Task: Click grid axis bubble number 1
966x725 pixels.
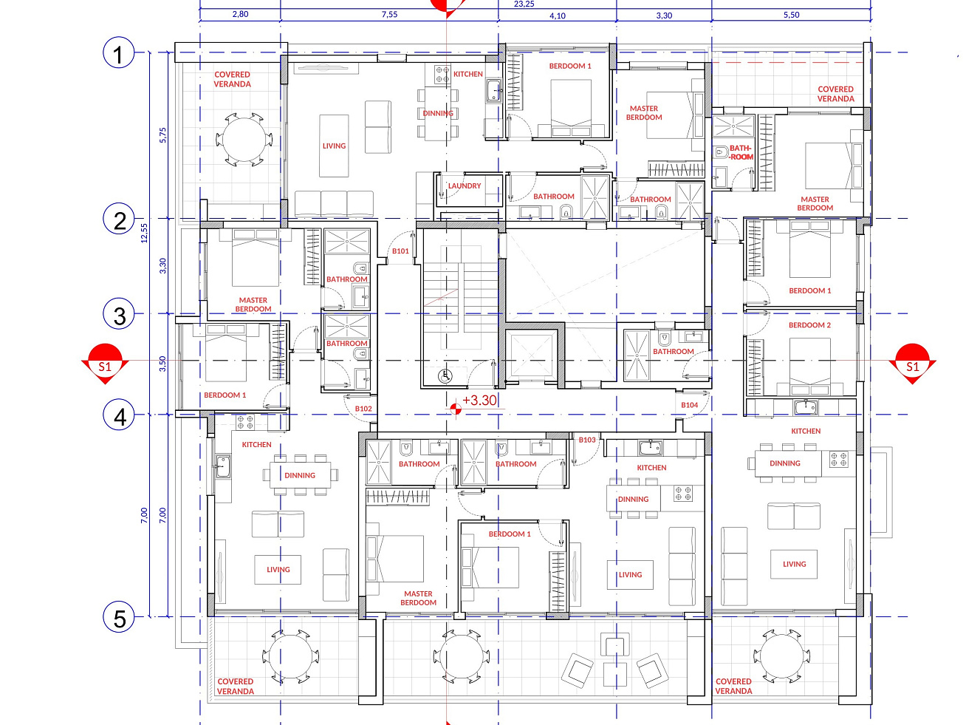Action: click(118, 52)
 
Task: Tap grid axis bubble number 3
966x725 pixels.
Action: click(118, 314)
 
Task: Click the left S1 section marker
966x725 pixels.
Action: click(105, 364)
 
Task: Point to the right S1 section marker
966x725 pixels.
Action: click(912, 364)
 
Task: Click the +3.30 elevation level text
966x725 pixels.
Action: click(480, 400)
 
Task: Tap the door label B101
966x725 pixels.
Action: click(400, 251)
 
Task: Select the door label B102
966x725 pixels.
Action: click(363, 409)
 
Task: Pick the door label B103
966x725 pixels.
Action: click(587, 440)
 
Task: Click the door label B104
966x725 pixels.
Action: click(690, 405)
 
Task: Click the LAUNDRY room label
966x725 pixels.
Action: click(465, 185)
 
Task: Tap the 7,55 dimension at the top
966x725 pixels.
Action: click(389, 14)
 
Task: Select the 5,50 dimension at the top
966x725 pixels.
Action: click(791, 15)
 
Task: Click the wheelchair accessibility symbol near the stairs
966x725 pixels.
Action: click(445, 376)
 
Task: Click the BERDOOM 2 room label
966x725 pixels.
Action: click(809, 325)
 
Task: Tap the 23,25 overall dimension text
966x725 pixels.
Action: click(524, 4)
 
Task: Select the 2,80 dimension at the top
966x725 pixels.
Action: click(240, 14)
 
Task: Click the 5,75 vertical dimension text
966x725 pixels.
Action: click(162, 135)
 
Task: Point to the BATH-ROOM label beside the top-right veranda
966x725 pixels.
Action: click(741, 152)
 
